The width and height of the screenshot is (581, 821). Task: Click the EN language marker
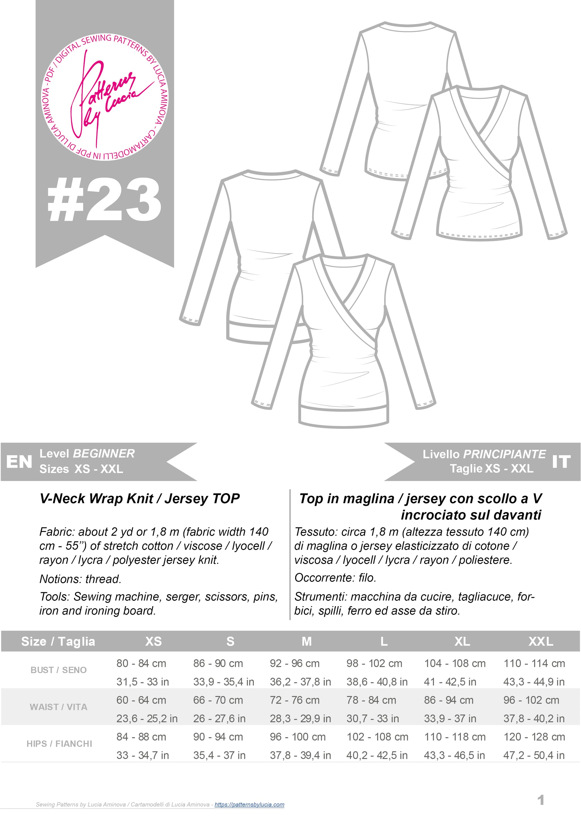click(19, 462)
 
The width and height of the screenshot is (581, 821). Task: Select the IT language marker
click(561, 462)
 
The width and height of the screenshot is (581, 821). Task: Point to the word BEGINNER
click(104, 453)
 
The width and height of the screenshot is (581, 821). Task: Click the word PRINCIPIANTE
click(504, 454)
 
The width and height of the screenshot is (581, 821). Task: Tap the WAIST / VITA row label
click(58, 707)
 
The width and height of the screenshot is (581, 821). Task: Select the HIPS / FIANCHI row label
click(59, 743)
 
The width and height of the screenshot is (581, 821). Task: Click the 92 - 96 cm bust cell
click(295, 663)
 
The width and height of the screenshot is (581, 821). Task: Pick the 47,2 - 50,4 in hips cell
click(534, 755)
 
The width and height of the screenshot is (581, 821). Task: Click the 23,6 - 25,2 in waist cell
click(147, 718)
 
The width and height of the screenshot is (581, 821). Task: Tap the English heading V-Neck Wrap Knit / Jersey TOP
click(140, 498)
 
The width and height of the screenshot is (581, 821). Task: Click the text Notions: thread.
click(81, 579)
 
